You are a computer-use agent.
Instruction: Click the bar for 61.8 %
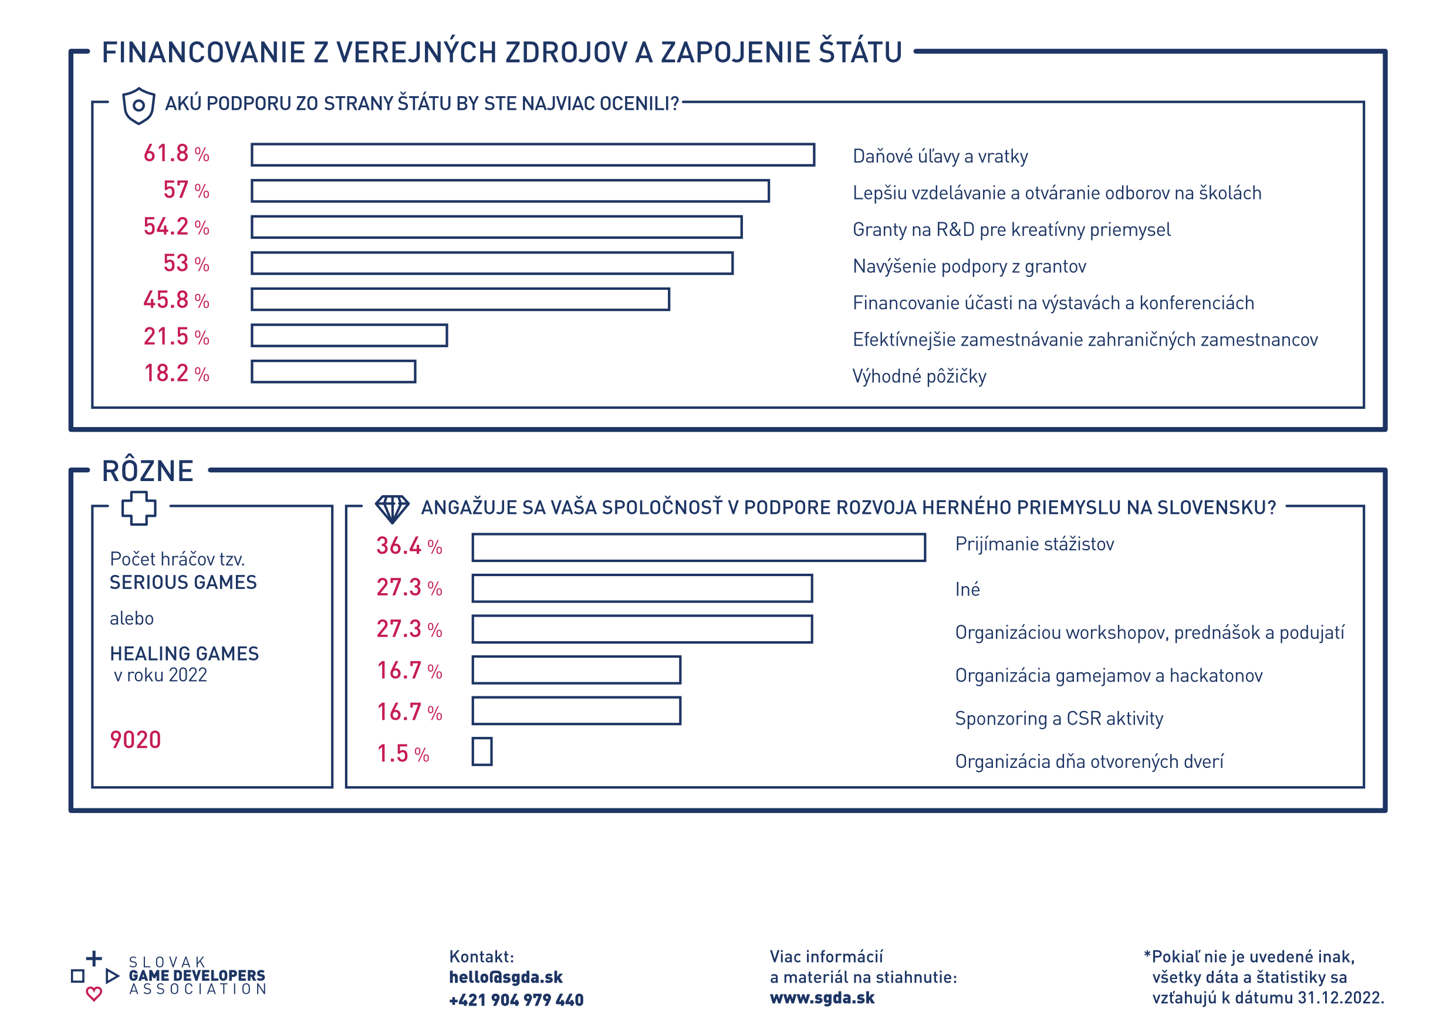(533, 155)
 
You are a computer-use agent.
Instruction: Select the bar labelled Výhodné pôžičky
(333, 371)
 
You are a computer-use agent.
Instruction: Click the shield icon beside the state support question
(138, 105)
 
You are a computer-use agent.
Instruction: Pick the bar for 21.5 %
(349, 336)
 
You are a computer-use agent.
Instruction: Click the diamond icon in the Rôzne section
(392, 509)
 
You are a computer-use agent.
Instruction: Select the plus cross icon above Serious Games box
(138, 508)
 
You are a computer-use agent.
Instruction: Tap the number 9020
(135, 740)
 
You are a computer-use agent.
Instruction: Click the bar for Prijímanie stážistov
(698, 547)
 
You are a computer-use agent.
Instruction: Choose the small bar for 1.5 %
(482, 752)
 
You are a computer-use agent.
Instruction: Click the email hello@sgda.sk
(505, 977)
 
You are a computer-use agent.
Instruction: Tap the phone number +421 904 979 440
(516, 1000)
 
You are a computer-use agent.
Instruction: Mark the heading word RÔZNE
(148, 471)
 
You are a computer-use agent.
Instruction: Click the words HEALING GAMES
(184, 654)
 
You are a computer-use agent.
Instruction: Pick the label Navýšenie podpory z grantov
(969, 266)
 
